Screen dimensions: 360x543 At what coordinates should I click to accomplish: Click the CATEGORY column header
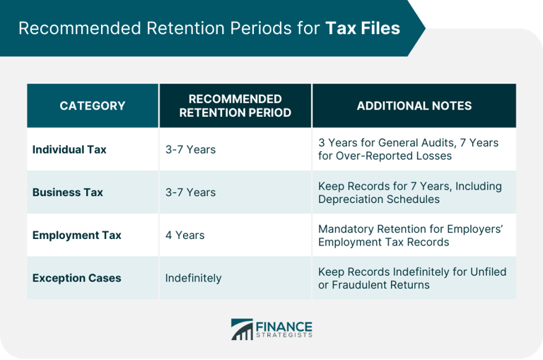(92, 106)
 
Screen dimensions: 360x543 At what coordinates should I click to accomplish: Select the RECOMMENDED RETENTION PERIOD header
(235, 106)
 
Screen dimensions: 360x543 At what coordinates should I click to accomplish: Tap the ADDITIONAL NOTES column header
(414, 106)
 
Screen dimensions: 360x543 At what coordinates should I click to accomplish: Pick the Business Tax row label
(68, 192)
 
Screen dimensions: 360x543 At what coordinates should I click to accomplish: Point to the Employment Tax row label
(76, 235)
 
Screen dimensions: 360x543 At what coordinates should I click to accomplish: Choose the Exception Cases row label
(76, 278)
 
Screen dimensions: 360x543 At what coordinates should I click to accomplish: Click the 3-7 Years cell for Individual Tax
(190, 149)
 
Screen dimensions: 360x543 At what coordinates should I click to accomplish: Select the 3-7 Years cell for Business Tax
(190, 192)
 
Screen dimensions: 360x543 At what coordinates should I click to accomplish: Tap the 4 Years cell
(185, 235)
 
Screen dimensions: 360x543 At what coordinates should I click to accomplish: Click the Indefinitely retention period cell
(193, 278)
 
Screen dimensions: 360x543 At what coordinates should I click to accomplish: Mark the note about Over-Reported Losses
(408, 149)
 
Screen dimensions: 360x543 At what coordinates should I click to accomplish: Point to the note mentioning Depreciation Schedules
(409, 192)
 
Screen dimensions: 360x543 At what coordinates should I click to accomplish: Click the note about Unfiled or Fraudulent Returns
(411, 278)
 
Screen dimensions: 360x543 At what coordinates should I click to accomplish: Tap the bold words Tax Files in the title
(362, 28)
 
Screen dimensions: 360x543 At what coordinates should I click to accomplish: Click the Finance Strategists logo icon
(243, 330)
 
